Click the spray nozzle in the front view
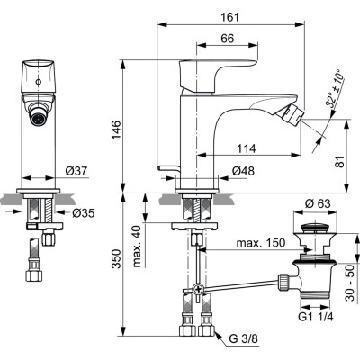[x=39, y=116]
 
